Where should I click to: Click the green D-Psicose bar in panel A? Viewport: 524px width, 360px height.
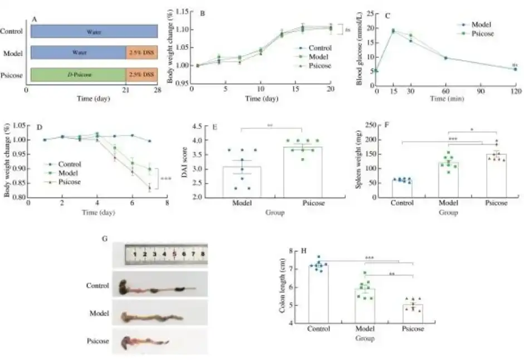(77, 74)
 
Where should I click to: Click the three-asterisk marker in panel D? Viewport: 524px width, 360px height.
(165, 179)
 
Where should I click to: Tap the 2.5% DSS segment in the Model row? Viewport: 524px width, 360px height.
(142, 53)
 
